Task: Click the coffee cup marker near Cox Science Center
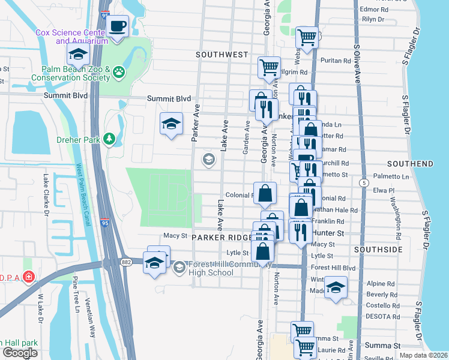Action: pos(118,27)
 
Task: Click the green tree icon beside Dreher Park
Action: pos(109,139)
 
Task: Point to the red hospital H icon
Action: pos(28,277)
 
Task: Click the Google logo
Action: pos(20,353)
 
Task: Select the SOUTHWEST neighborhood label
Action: pos(222,55)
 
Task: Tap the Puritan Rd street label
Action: pos(336,61)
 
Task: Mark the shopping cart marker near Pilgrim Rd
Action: pos(269,67)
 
